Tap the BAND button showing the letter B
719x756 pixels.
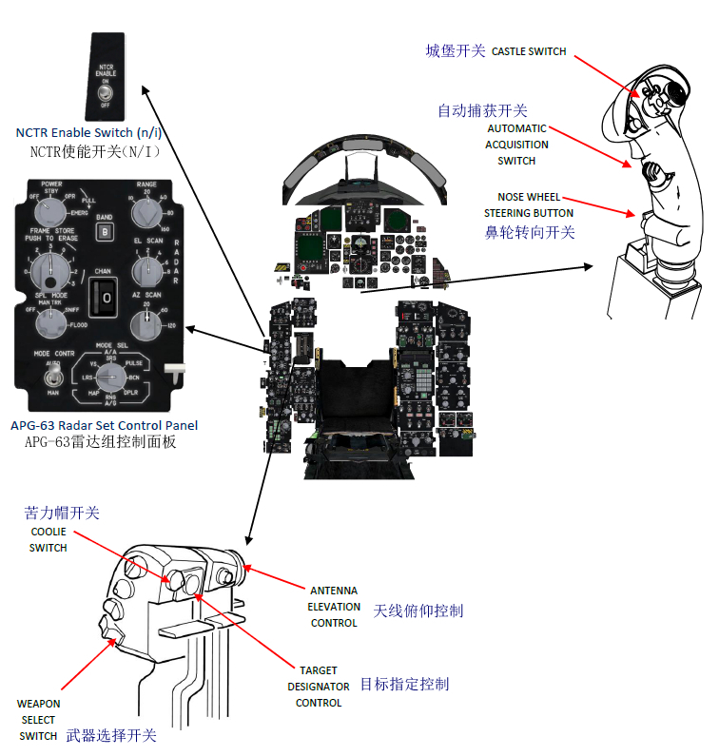(x=104, y=229)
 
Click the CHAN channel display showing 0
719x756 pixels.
(x=107, y=299)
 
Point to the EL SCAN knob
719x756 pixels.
(x=146, y=270)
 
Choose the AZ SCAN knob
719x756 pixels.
(x=146, y=323)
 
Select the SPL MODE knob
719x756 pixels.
(x=50, y=324)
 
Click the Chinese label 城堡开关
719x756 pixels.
(x=456, y=51)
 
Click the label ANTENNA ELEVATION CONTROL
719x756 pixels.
(x=334, y=607)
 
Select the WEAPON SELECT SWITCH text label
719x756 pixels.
(x=39, y=720)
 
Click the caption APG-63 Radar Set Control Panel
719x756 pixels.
(x=105, y=425)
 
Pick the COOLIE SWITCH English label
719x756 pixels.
(x=48, y=539)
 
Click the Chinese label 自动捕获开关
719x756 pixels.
(x=482, y=111)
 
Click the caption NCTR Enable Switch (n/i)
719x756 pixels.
(x=88, y=133)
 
